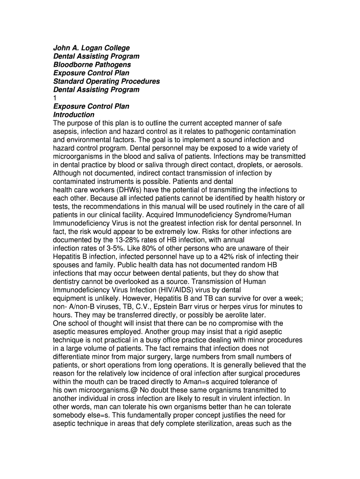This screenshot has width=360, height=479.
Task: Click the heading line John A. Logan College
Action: coord(91,48)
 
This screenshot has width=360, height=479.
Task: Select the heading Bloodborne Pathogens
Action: coord(92,65)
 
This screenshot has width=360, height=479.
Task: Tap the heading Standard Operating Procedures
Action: coord(107,81)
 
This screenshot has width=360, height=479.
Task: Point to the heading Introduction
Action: coord(74,115)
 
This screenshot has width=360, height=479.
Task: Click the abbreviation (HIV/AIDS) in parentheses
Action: coord(184,290)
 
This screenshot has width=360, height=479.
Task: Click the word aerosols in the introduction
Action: coord(289,165)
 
